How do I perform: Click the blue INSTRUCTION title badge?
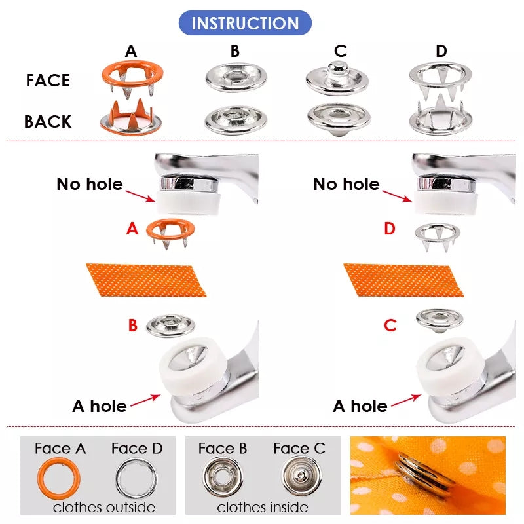pos(245,23)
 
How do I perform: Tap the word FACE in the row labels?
pos(48,81)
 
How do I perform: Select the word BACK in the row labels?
pos(48,122)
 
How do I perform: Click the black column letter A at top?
pos(131,51)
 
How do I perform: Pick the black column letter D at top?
pos(441,51)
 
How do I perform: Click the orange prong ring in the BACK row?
pos(132,118)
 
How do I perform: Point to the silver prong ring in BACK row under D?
pos(440,117)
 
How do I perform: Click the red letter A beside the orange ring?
pos(132,229)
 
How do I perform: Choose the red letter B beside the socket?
pos(132,326)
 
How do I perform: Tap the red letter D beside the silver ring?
pos(390,229)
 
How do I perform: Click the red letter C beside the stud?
pos(390,326)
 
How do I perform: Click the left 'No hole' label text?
pos(90,184)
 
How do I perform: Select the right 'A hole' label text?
pos(360,406)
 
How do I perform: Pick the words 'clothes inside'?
pos(263,507)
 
